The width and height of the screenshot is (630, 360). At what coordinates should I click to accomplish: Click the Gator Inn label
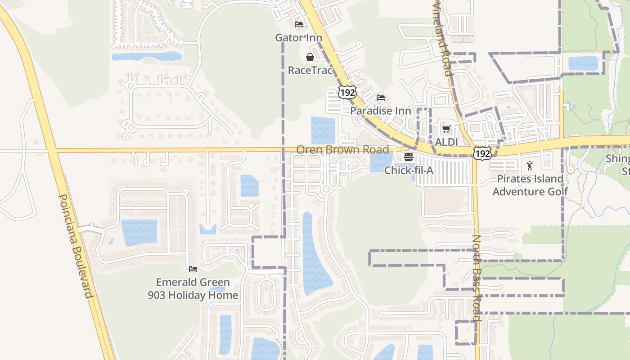(298, 38)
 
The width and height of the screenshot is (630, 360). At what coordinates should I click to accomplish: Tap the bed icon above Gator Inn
(298, 24)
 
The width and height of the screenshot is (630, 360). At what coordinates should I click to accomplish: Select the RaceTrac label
(310, 71)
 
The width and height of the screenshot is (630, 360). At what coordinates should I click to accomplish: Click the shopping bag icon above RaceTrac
(310, 57)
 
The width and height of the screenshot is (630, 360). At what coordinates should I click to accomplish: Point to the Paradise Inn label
(380, 111)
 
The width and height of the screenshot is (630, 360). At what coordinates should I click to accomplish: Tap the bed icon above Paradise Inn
(380, 97)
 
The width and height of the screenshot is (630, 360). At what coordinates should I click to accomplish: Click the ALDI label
(446, 142)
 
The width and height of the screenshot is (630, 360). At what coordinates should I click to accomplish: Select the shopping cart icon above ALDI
(446, 129)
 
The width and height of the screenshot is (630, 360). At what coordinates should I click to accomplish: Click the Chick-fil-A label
(409, 171)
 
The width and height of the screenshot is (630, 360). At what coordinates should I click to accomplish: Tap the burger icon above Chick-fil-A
(409, 157)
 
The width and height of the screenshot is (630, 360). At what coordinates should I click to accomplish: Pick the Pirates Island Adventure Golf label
(530, 185)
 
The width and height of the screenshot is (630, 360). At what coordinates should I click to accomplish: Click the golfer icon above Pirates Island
(530, 166)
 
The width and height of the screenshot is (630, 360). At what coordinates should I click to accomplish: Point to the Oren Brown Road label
(342, 150)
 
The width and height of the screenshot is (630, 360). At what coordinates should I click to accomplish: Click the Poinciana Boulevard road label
(76, 246)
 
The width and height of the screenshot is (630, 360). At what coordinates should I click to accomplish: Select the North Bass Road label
(477, 278)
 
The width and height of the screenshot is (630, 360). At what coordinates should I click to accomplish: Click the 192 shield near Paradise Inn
(347, 92)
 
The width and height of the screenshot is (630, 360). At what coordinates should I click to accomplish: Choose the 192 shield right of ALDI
(482, 153)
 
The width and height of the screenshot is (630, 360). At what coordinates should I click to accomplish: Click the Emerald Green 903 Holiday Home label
(193, 288)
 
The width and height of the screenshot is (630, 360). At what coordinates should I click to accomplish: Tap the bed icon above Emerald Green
(193, 269)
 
